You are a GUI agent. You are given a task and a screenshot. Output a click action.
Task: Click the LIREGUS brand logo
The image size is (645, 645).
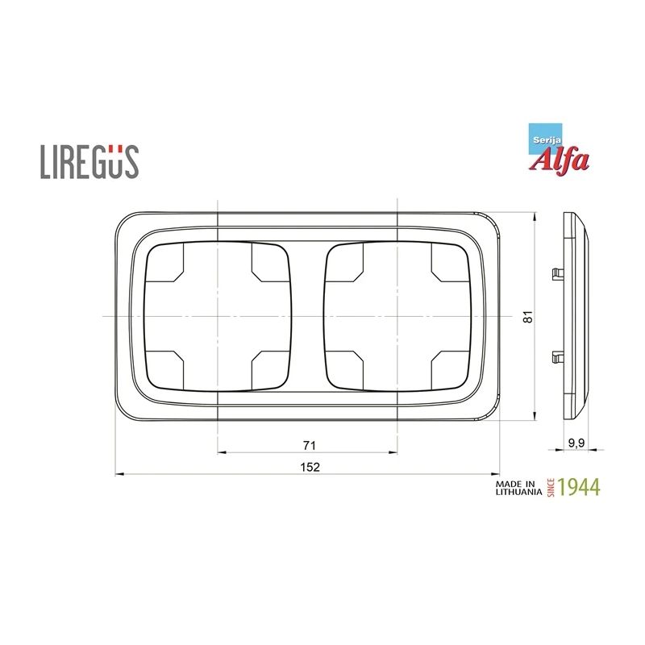pos(89,160)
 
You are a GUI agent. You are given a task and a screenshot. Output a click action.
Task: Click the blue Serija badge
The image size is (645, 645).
pos(541,138)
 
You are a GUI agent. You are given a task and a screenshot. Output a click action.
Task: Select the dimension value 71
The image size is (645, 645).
pos(308,445)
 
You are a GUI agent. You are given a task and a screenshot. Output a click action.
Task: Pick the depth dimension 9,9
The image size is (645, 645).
pos(576,443)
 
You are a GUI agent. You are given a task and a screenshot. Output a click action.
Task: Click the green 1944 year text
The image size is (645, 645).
pos(579,487)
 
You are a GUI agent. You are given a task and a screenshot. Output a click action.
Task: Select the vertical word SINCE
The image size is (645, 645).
pos(551,488)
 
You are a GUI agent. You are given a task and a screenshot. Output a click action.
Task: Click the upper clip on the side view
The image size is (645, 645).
pos(556,273)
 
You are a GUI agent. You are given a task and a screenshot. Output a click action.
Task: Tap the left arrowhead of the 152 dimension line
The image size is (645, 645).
pos(120,474)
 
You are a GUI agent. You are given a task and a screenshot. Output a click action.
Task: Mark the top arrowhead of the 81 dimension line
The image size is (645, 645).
pos(535,217)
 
